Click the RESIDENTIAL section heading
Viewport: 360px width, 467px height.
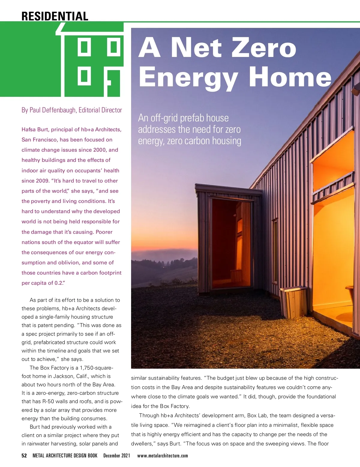pos(55,16)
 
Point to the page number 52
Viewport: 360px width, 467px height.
pos(24,456)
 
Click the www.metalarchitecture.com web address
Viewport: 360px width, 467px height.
pos(163,456)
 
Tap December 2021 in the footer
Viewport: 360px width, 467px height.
pos(117,456)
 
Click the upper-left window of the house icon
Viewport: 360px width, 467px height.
pos(84,46)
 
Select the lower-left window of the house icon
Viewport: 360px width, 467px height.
pos(84,76)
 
